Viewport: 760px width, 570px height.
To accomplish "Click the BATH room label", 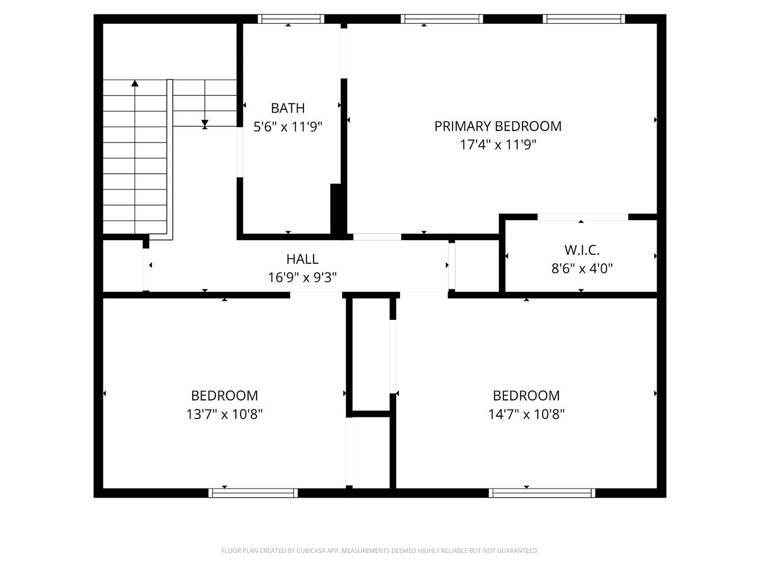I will tap(288, 108).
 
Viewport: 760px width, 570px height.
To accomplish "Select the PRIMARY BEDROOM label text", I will tap(498, 126).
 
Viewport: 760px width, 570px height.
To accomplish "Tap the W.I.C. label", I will tap(582, 250).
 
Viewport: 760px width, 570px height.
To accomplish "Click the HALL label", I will tap(302, 259).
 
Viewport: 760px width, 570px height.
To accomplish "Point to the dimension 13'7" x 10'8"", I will tap(224, 414).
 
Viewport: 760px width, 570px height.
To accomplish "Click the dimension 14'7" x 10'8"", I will tap(526, 414).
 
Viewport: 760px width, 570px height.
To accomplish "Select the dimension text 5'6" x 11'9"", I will tap(288, 127).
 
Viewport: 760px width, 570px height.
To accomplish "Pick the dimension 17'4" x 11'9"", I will tap(498, 145).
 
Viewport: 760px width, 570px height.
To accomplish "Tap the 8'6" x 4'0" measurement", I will tap(582, 269).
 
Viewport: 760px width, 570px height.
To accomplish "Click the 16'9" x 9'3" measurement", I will tap(302, 278).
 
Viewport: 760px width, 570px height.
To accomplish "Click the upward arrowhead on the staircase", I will tap(135, 83).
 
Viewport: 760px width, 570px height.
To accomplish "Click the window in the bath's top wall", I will tap(291, 19).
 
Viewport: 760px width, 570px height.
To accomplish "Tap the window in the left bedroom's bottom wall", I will tap(253, 493).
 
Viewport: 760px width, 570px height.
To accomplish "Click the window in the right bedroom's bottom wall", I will tap(541, 493).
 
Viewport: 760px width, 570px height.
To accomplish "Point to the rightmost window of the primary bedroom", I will tap(584, 19).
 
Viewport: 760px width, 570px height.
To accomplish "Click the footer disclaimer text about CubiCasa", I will tap(379, 551).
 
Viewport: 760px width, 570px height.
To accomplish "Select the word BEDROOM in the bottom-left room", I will tap(224, 396).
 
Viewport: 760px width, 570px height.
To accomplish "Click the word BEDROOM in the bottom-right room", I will tap(526, 396).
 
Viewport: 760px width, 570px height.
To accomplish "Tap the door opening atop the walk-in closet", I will tap(583, 217).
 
